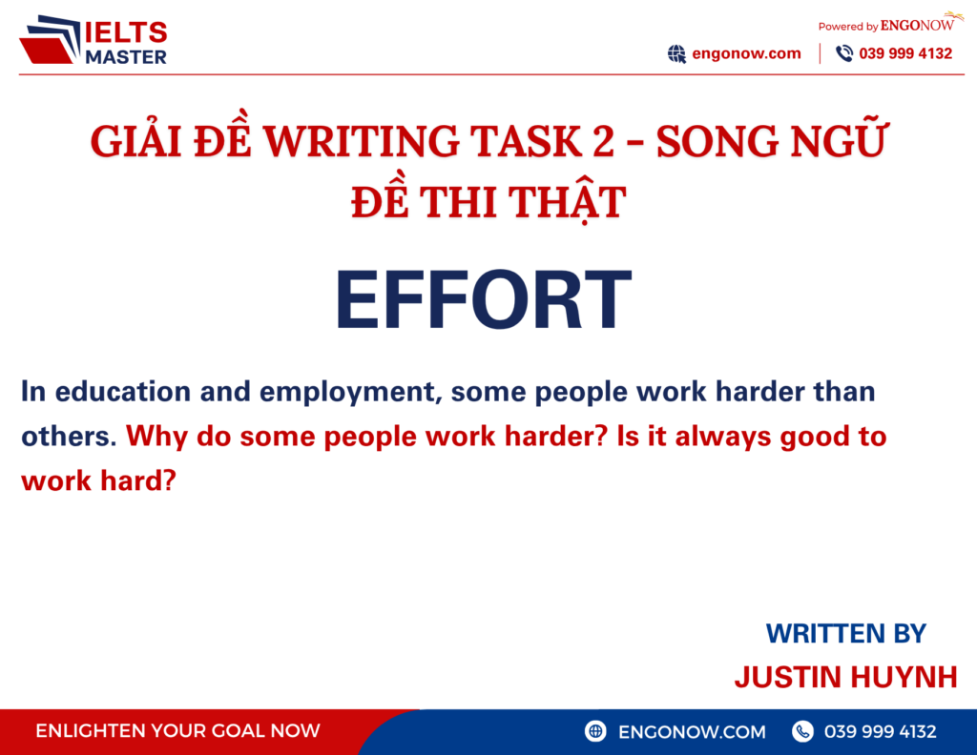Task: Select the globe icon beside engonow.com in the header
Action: point(676,54)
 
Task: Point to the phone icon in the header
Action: point(844,54)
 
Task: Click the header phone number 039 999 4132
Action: point(905,53)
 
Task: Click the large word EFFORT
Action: point(483,300)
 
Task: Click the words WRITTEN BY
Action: point(845,633)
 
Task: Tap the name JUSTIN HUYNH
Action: point(845,677)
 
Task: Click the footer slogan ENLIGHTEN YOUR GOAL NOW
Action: point(177,732)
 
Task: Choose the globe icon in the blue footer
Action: point(596,732)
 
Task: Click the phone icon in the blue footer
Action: point(802,732)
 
